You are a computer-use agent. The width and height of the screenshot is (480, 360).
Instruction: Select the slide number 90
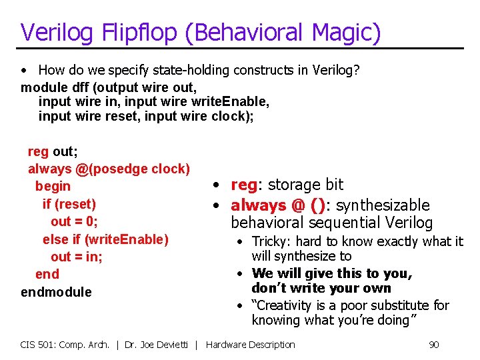point(433,345)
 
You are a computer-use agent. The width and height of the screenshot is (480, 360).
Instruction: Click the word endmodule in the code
point(56,292)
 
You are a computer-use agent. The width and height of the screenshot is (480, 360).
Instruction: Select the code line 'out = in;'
point(77,257)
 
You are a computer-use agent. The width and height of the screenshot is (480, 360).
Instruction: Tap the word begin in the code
point(53,186)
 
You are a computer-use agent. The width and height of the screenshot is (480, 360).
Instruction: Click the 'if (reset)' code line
point(69,204)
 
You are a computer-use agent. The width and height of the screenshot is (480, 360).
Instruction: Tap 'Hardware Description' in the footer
point(250,345)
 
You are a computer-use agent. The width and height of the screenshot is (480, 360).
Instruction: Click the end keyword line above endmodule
point(47,274)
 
